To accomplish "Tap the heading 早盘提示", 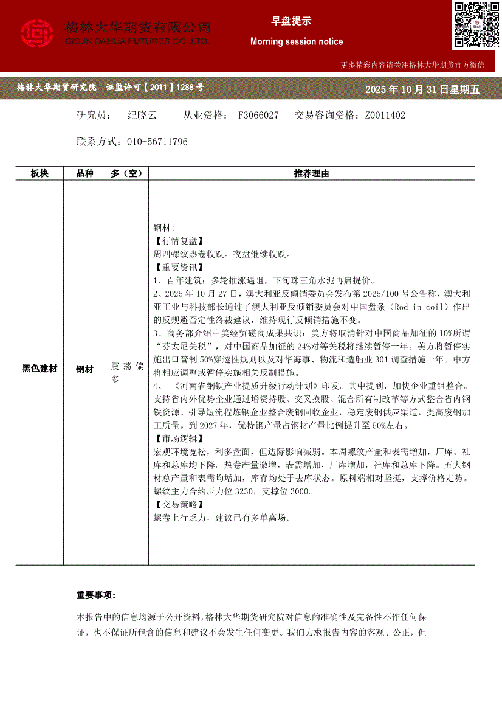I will pyautogui.click(x=291, y=21).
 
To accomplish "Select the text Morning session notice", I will pyautogui.click(x=297, y=41).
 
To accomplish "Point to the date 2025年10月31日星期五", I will pyautogui.click(x=422, y=89).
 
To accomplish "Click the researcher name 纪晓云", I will pyautogui.click(x=142, y=115).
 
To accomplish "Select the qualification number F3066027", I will pyautogui.click(x=258, y=115).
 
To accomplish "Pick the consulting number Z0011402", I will pyautogui.click(x=385, y=115).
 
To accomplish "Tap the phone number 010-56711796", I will pyautogui.click(x=157, y=142).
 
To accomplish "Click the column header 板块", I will pyautogui.click(x=40, y=173).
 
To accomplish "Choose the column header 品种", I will pyautogui.click(x=84, y=173).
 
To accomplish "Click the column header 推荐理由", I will pyautogui.click(x=311, y=173).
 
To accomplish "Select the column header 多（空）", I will pyautogui.click(x=126, y=173).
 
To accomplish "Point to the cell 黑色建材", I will pyautogui.click(x=40, y=369).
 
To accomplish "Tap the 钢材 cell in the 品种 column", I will pyautogui.click(x=84, y=369).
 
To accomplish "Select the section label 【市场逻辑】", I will pyautogui.click(x=179, y=439).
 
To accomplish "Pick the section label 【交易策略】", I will pyautogui.click(x=179, y=505).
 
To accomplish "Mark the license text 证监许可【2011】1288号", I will pyautogui.click(x=155, y=88).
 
